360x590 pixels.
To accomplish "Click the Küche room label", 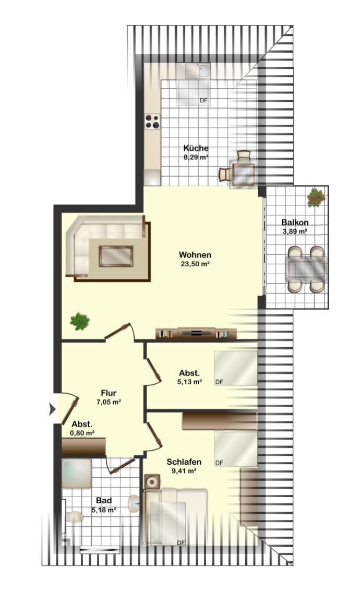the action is click(196, 148).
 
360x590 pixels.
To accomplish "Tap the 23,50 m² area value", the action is click(195, 264).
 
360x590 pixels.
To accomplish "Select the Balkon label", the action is click(295, 222).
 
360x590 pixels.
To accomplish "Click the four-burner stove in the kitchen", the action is click(152, 122).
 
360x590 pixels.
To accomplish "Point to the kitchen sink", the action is click(198, 70).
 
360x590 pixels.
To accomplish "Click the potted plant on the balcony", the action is click(316, 197).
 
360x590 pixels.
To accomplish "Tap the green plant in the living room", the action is click(79, 322).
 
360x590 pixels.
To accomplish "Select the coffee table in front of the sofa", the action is click(116, 256).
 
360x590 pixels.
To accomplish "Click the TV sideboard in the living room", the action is click(196, 334).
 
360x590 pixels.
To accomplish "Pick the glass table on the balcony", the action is click(306, 269).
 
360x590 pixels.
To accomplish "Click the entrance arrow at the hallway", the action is click(52, 409).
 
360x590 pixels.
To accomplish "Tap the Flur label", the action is click(109, 393).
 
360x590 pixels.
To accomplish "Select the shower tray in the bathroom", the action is click(77, 474).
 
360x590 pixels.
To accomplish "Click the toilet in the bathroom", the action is click(74, 516).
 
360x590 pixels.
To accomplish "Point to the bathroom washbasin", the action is click(134, 504).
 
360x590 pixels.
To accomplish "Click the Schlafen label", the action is click(184, 462).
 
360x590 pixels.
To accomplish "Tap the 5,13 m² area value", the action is click(189, 382).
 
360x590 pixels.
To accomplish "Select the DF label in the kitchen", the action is click(203, 100).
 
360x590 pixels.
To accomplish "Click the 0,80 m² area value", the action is click(82, 433).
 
